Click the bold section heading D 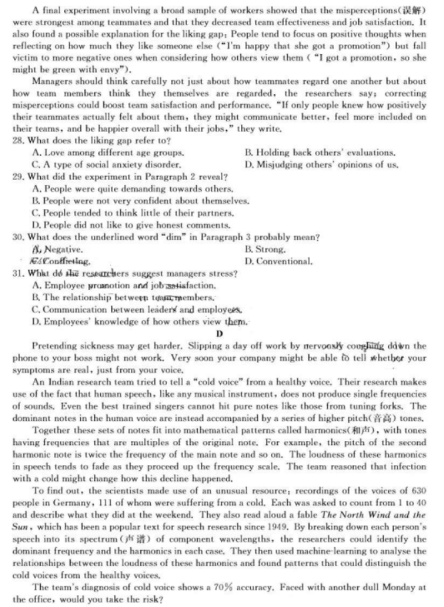(x=219, y=334)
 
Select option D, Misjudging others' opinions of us (x=321, y=165)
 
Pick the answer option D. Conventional (x=278, y=261)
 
